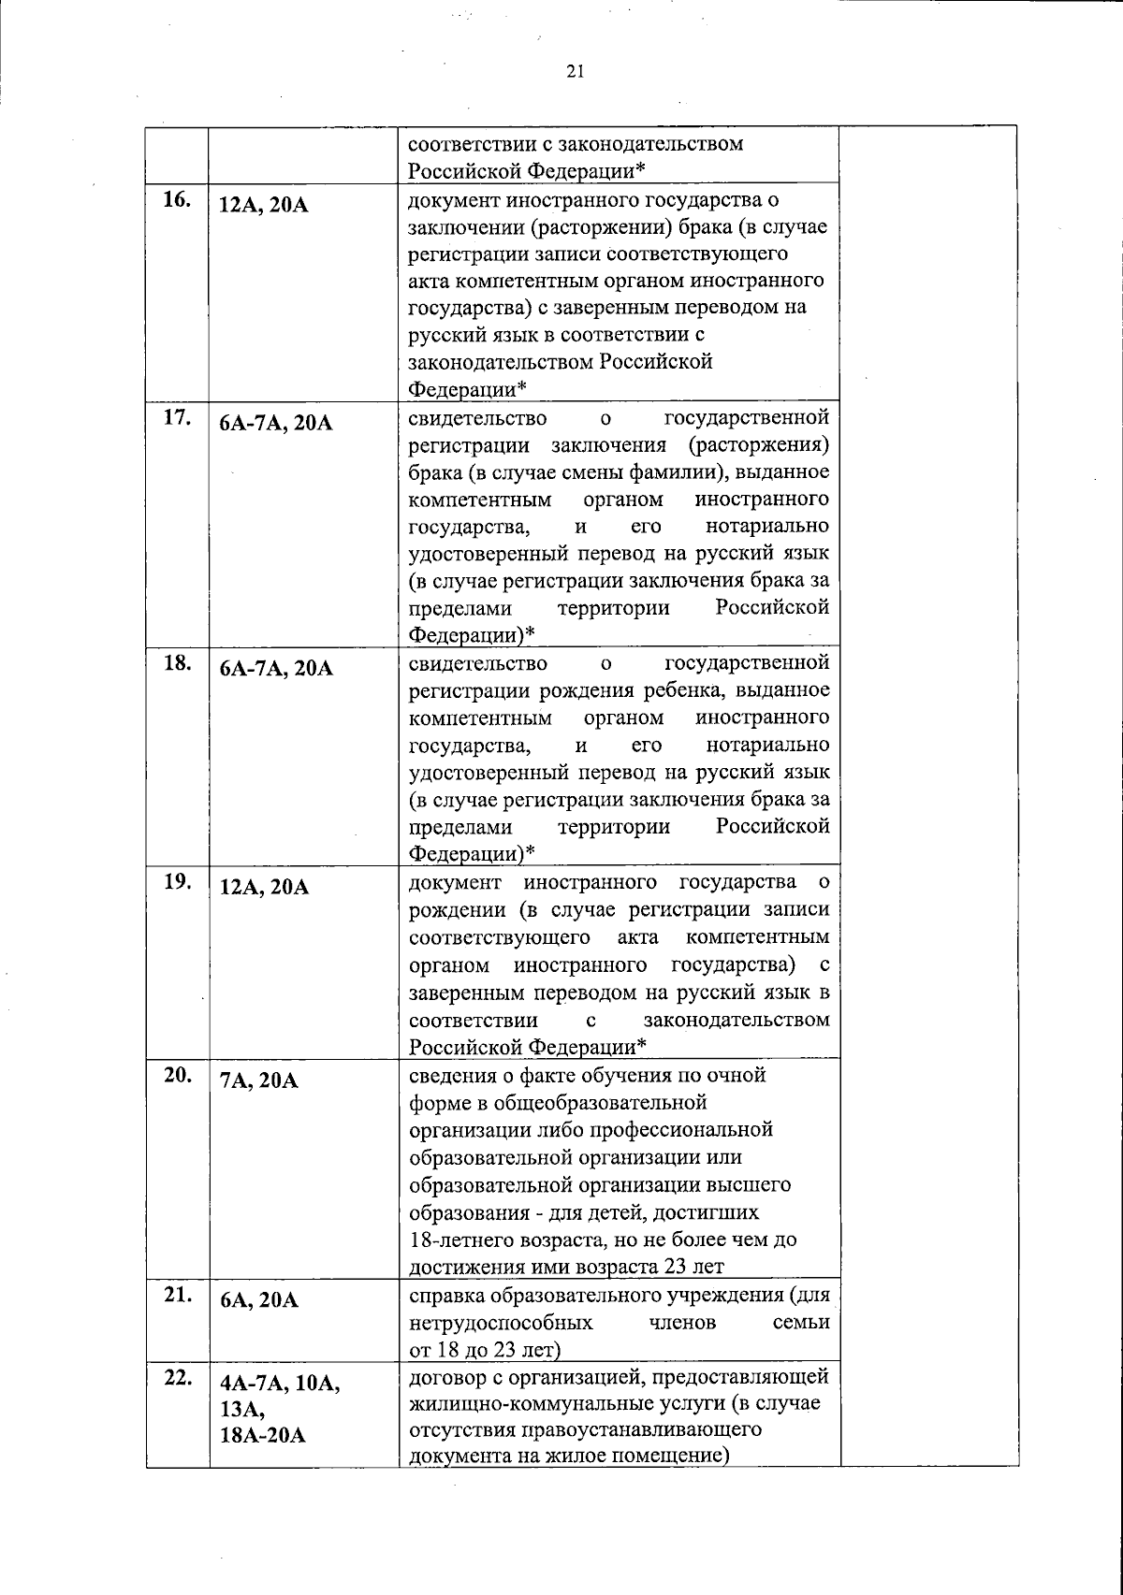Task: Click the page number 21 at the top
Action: click(575, 71)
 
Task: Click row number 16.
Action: click(178, 200)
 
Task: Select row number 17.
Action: click(178, 418)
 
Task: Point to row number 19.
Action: click(178, 882)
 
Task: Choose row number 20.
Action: click(178, 1075)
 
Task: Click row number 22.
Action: click(178, 1377)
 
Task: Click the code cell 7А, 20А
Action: click(258, 1080)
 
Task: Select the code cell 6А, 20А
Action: click(258, 1300)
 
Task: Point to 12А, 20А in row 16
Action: click(263, 206)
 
